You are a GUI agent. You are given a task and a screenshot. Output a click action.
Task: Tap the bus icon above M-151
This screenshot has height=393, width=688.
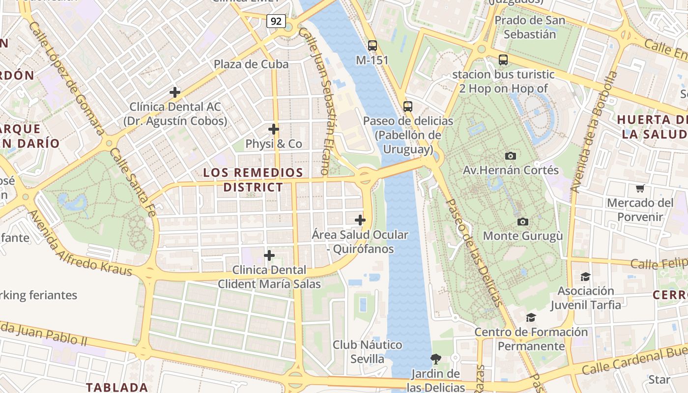click(373, 46)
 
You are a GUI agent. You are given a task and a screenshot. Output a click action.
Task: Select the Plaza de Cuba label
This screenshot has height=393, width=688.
click(251, 64)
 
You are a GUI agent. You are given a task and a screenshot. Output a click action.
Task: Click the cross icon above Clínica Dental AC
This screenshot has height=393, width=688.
click(174, 92)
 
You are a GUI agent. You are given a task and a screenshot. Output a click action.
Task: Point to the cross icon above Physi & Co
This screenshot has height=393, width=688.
click(274, 129)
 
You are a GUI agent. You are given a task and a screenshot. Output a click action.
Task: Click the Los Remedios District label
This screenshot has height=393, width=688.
click(253, 180)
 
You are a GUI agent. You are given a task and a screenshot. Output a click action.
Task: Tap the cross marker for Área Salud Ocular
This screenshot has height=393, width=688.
click(360, 220)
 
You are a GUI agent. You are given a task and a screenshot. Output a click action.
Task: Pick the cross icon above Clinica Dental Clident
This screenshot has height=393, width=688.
click(269, 255)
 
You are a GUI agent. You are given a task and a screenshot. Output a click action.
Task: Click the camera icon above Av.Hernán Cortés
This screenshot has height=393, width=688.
click(511, 156)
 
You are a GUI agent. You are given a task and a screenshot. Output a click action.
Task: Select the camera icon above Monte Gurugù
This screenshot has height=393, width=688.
click(523, 222)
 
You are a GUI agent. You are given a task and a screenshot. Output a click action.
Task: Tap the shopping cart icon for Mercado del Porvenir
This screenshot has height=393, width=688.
click(640, 188)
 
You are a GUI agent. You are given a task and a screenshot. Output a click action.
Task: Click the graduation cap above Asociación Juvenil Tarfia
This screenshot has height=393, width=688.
click(585, 277)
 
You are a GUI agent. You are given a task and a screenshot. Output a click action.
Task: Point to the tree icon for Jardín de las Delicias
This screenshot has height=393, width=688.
click(435, 359)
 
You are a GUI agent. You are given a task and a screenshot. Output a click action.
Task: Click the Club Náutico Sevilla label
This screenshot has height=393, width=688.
click(367, 352)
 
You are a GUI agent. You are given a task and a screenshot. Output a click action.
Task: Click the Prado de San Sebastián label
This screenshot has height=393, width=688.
click(529, 28)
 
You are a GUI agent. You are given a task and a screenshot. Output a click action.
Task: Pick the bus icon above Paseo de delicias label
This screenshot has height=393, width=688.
click(407, 106)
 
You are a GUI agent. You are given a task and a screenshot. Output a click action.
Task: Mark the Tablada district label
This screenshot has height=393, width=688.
click(117, 387)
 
